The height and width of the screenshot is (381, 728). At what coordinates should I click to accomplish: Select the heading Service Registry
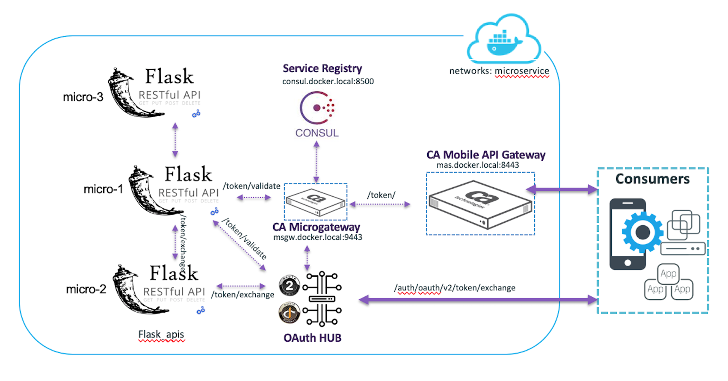(322, 68)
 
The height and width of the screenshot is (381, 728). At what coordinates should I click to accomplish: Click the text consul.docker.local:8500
(328, 81)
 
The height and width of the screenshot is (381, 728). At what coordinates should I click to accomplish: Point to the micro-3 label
(83, 97)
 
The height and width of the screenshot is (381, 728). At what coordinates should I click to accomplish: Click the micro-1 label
(103, 189)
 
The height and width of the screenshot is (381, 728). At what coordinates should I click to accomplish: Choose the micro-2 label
(86, 289)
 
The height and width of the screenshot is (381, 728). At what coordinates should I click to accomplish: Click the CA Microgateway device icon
(316, 202)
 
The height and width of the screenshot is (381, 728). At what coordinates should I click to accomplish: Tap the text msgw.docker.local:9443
(317, 237)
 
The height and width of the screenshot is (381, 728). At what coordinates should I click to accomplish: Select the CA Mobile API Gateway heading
(486, 155)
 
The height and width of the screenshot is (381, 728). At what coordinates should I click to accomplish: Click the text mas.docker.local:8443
(477, 165)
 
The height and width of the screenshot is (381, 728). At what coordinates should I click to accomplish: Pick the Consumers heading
(652, 179)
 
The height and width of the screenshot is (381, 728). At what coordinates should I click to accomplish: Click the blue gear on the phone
(642, 232)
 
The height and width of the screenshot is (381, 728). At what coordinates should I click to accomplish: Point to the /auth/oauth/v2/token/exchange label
(455, 288)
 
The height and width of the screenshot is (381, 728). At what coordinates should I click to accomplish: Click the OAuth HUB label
(312, 338)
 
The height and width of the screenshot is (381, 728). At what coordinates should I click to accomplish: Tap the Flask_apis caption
(161, 334)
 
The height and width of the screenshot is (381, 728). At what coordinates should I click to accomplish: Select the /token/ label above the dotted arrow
(381, 195)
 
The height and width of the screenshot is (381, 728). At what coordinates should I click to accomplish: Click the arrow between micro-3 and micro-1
(175, 140)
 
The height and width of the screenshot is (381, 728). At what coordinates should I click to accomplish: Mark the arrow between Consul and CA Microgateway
(317, 162)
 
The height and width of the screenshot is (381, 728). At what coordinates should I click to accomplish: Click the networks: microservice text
(499, 71)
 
